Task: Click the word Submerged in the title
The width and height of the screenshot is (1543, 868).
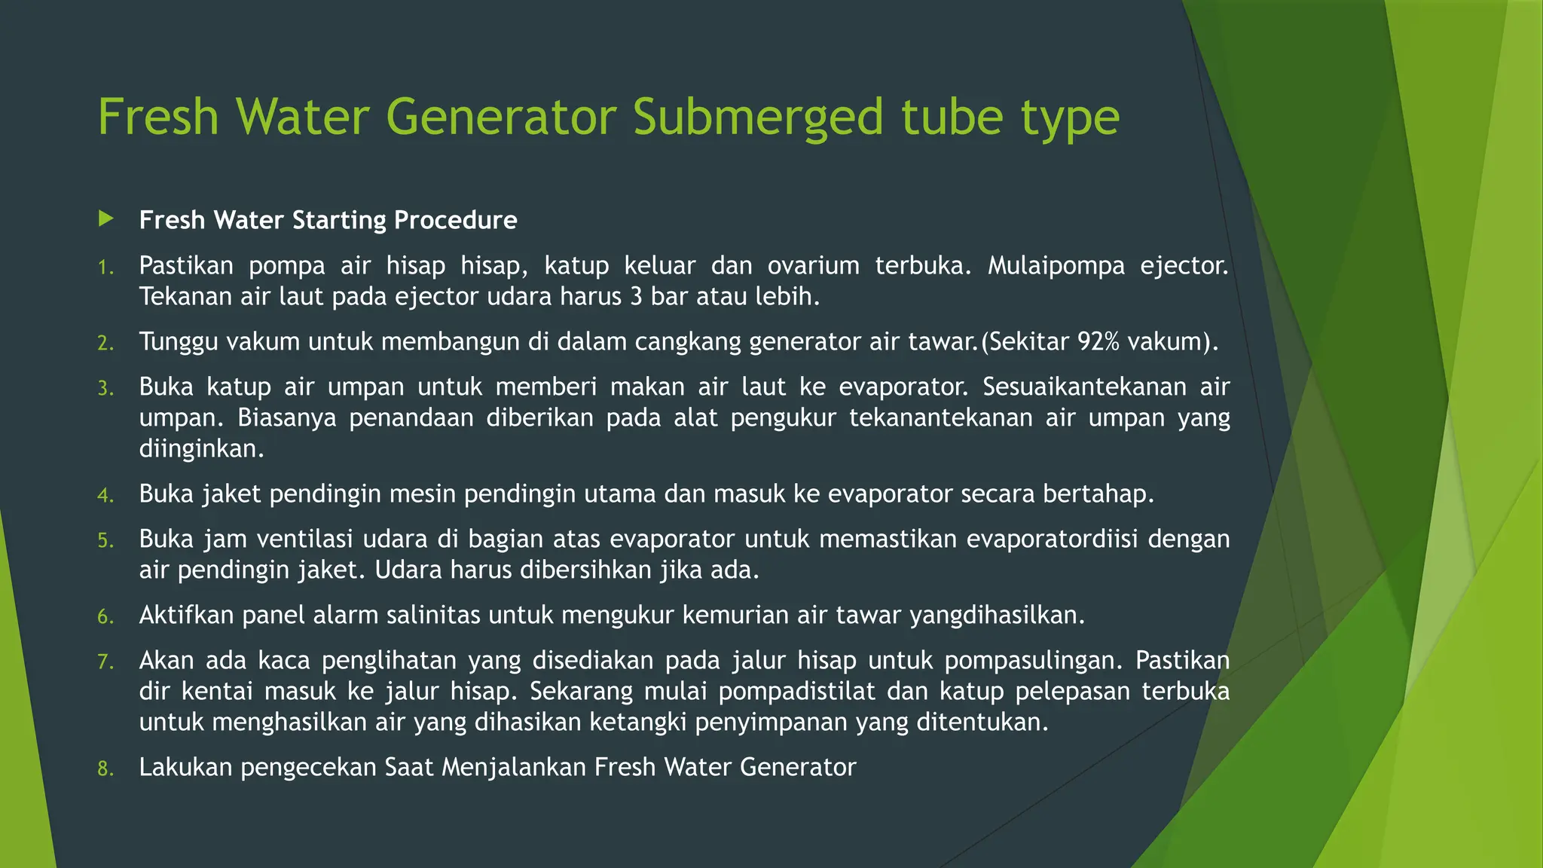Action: pyautogui.click(x=756, y=118)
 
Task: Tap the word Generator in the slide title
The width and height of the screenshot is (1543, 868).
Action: pyautogui.click(x=500, y=118)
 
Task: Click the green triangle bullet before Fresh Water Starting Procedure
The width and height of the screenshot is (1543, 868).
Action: pyautogui.click(x=106, y=219)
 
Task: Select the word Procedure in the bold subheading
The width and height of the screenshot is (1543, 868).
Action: pyautogui.click(x=455, y=220)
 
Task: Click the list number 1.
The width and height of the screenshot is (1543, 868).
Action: pyautogui.click(x=105, y=267)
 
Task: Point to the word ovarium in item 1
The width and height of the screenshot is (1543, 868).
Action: pyautogui.click(x=813, y=266)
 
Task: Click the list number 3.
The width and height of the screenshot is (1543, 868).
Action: pyautogui.click(x=105, y=389)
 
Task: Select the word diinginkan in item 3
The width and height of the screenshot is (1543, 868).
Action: pyautogui.click(x=201, y=449)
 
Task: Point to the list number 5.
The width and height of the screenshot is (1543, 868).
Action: pyautogui.click(x=105, y=541)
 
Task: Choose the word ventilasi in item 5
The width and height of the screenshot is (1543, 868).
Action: pyautogui.click(x=305, y=539)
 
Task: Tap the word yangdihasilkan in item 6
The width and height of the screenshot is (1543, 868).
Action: pyautogui.click(x=996, y=616)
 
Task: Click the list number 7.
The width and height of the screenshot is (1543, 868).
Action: pyautogui.click(x=105, y=662)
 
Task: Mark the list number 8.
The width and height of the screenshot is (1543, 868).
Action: pyautogui.click(x=105, y=769)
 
